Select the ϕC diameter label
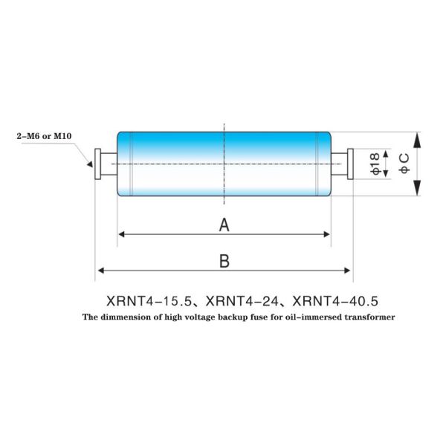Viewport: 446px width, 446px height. pos(404,164)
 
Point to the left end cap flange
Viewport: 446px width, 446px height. pos(97,164)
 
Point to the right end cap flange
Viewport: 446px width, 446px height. pos(349,164)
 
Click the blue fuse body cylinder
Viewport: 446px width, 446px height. pos(224,164)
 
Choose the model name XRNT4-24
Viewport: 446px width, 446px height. pos(243,301)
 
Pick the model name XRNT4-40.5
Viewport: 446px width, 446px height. pos(336,301)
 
